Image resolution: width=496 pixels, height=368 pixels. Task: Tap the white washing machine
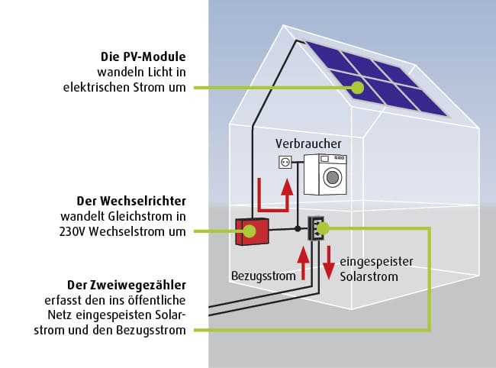click(326, 174)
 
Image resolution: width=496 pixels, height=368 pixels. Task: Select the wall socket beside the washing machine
click(286, 161)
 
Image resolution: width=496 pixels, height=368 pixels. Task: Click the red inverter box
click(252, 231)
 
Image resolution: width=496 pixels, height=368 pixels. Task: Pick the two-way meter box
click(317, 228)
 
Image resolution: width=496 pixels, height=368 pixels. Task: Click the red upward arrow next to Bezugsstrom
click(303, 263)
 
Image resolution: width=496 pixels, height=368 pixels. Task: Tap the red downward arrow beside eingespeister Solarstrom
click(328, 263)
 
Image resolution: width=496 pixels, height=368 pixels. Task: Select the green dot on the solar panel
click(356, 88)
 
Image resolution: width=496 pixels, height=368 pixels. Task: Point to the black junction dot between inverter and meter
click(297, 228)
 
